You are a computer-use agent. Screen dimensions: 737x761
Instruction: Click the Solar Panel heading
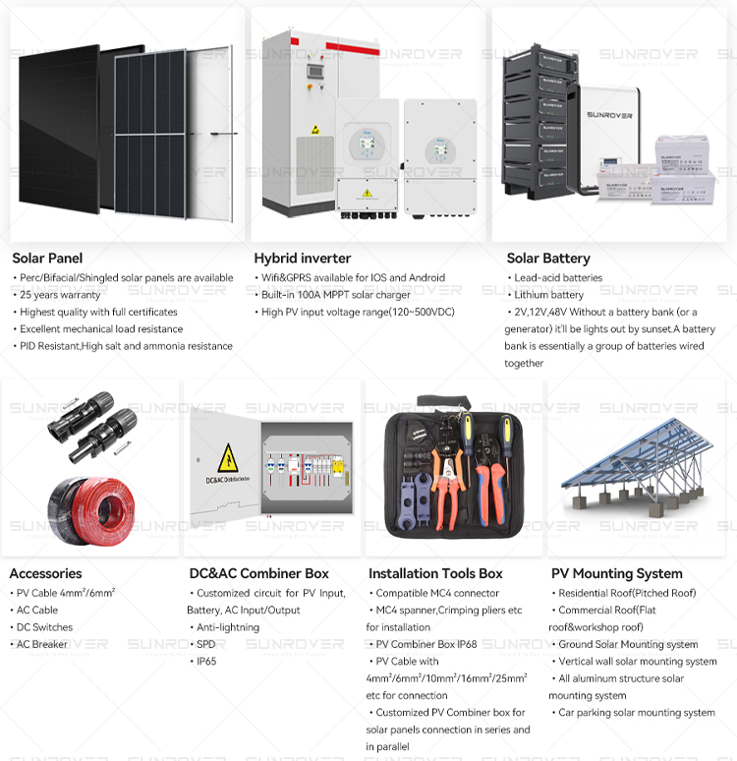pyautogui.click(x=47, y=259)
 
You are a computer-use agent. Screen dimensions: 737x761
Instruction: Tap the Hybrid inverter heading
pyautogui.click(x=303, y=259)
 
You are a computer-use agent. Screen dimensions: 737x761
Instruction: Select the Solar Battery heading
pyautogui.click(x=548, y=259)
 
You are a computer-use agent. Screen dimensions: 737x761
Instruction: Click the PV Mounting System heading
pyautogui.click(x=617, y=573)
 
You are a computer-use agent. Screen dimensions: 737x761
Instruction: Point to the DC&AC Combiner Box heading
pyautogui.click(x=259, y=573)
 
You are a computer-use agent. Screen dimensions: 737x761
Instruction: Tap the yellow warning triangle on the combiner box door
pyautogui.click(x=228, y=457)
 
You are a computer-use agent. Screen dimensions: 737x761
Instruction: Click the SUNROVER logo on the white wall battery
pyautogui.click(x=609, y=115)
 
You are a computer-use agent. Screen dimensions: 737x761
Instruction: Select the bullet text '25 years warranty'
pyautogui.click(x=60, y=295)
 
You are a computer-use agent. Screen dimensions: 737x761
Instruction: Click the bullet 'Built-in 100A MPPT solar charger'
pyautogui.click(x=336, y=295)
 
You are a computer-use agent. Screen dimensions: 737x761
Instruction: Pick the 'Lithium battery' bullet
pyautogui.click(x=548, y=295)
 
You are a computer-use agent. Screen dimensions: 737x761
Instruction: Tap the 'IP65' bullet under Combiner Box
pyautogui.click(x=206, y=661)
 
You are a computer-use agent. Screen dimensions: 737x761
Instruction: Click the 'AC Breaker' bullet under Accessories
pyautogui.click(x=41, y=644)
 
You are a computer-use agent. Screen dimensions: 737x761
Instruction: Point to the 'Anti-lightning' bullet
pyautogui.click(x=228, y=627)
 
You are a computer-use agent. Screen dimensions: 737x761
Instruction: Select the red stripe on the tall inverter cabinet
pyautogui.click(x=353, y=48)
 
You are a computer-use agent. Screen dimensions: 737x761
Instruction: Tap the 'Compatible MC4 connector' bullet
pyautogui.click(x=437, y=593)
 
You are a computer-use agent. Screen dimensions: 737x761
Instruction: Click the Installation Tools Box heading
pyautogui.click(x=435, y=573)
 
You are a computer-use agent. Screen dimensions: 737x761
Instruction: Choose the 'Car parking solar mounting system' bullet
pyautogui.click(x=637, y=713)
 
